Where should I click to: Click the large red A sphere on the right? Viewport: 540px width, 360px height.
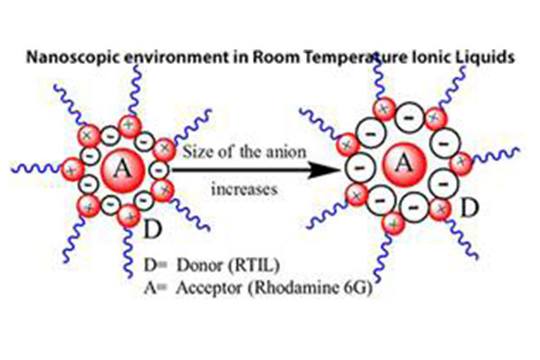[404, 165]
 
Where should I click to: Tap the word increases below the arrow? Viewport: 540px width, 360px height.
[247, 191]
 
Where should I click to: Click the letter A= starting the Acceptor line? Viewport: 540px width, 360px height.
[154, 290]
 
